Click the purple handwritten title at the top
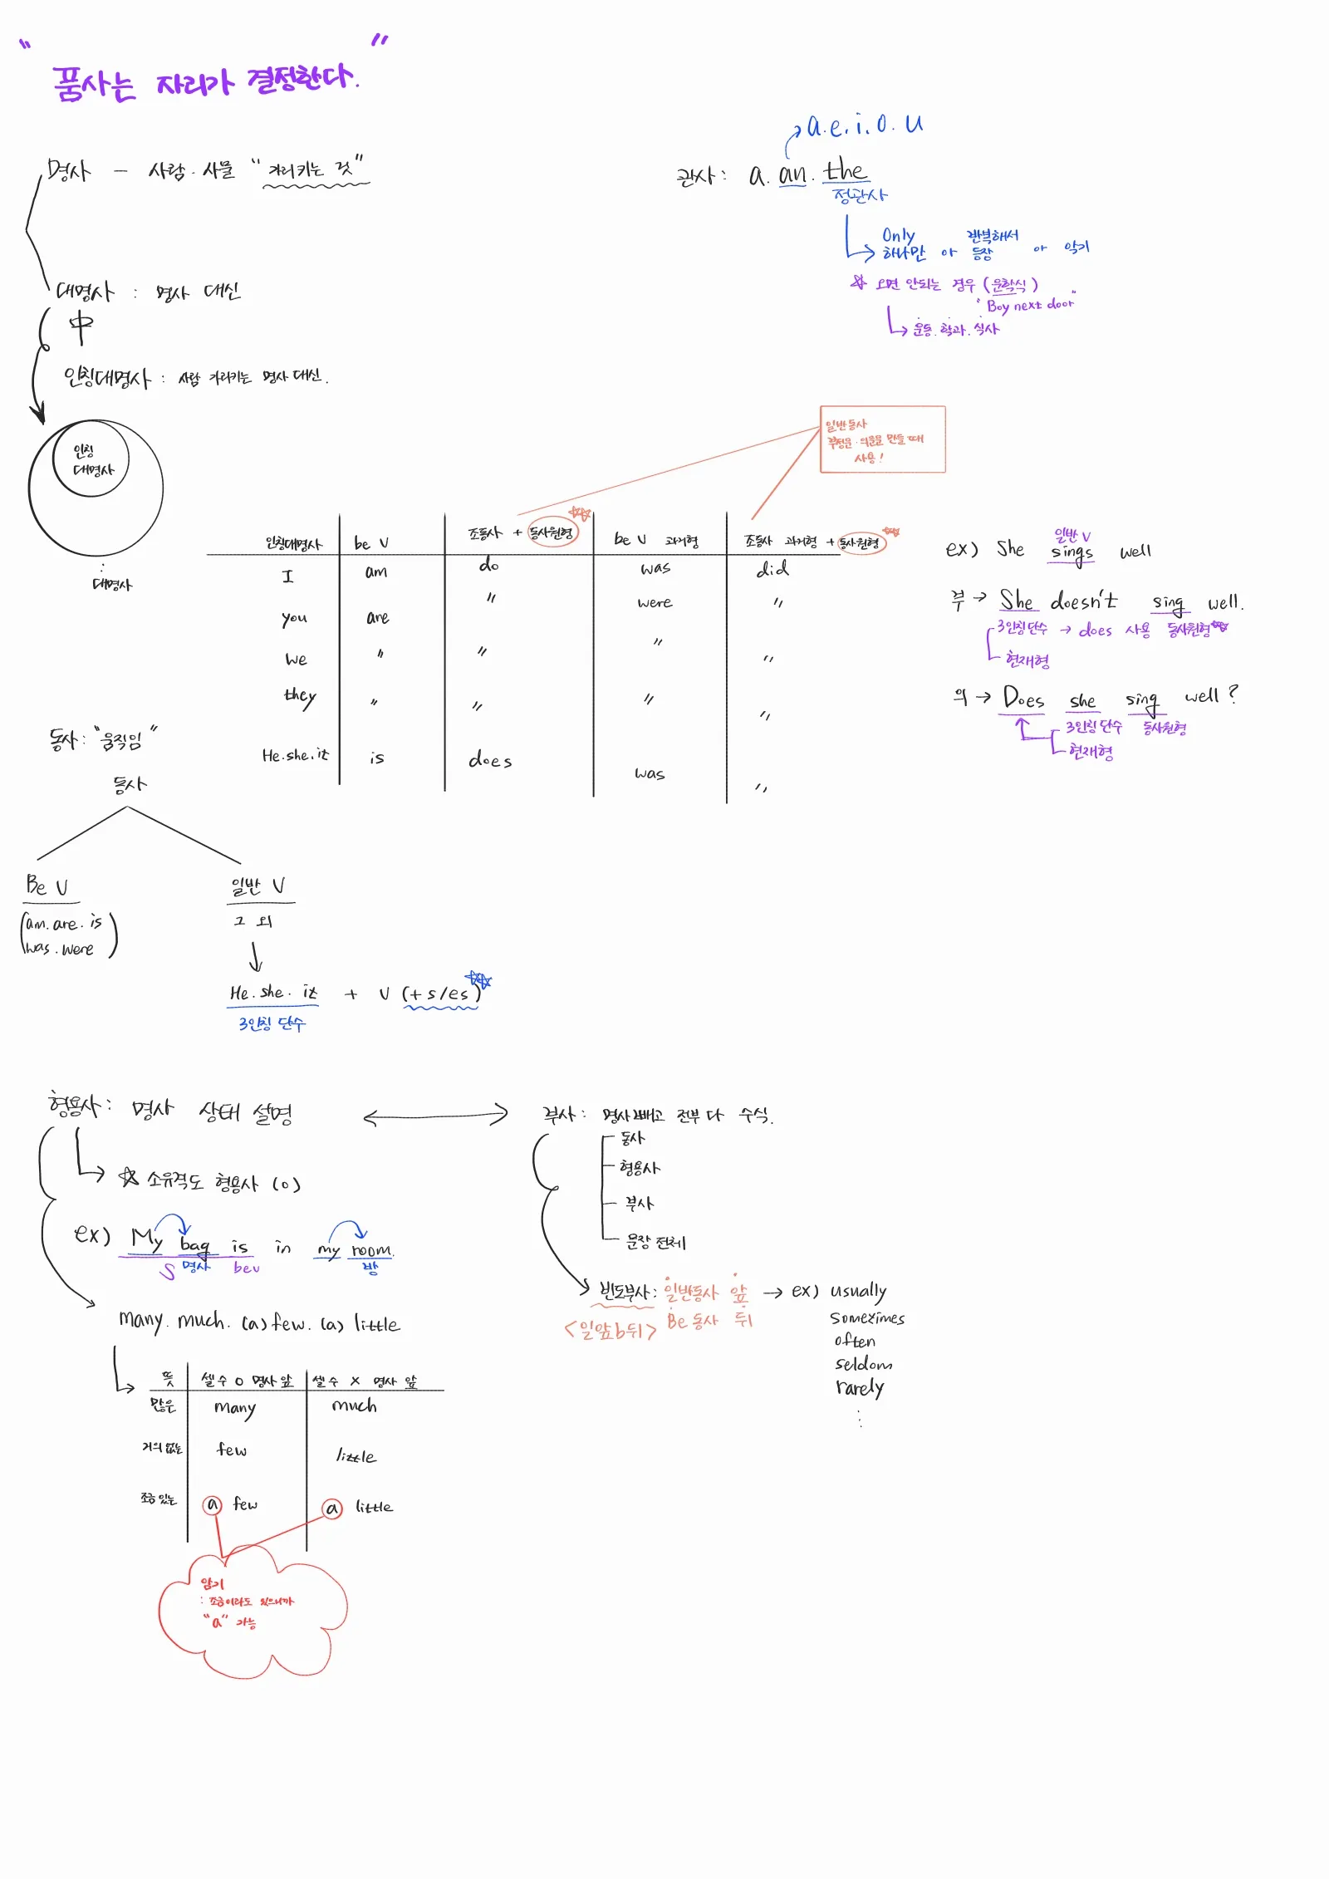tap(204, 83)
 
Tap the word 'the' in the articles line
tap(845, 172)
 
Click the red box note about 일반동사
tap(882, 439)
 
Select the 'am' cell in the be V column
tap(376, 572)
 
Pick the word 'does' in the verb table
tap(490, 759)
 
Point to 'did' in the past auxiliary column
tap(772, 569)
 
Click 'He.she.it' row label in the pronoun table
tap(295, 755)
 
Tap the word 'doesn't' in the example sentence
tap(1083, 600)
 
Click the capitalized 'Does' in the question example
tap(1023, 697)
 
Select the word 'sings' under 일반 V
tap(1072, 552)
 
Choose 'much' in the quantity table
tap(355, 1405)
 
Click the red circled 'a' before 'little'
tap(332, 1508)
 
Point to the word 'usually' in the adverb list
tap(858, 1292)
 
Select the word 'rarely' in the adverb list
tap(860, 1388)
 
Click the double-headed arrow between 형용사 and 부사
tap(435, 1116)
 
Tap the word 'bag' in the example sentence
tap(195, 1245)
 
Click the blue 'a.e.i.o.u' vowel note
tap(864, 126)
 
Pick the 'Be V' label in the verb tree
tap(47, 886)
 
